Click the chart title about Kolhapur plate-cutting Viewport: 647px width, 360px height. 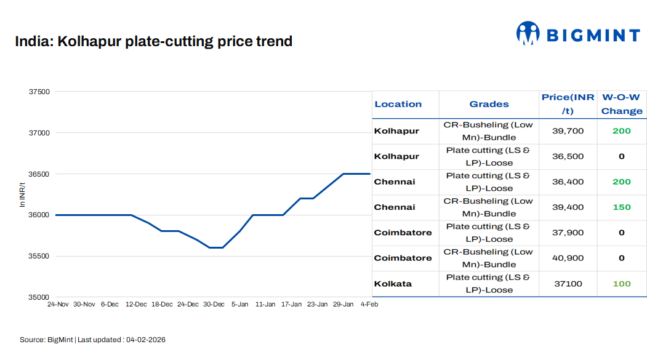coord(153,42)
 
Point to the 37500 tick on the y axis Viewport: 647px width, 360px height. coord(39,92)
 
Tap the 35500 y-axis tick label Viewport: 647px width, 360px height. coord(39,256)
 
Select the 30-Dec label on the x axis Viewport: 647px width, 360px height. coord(214,305)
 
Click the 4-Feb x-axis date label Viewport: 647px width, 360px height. coord(369,305)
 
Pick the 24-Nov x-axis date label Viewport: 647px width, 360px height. coord(58,305)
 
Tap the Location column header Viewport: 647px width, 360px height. coord(398,104)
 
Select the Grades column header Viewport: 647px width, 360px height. coord(489,104)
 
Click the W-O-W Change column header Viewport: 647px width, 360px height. coord(621,104)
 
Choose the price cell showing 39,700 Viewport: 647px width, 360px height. coord(568,131)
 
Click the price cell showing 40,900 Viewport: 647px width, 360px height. coord(568,258)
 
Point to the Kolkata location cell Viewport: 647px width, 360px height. coord(393,284)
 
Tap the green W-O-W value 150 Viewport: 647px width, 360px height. coord(621,207)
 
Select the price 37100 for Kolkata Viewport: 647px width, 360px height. coord(568,284)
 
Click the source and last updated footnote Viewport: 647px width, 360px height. coord(92,340)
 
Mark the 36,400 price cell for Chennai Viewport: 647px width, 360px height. coord(568,182)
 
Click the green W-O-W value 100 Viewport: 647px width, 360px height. coord(621,284)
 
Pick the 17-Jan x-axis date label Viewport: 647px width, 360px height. coord(291,305)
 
